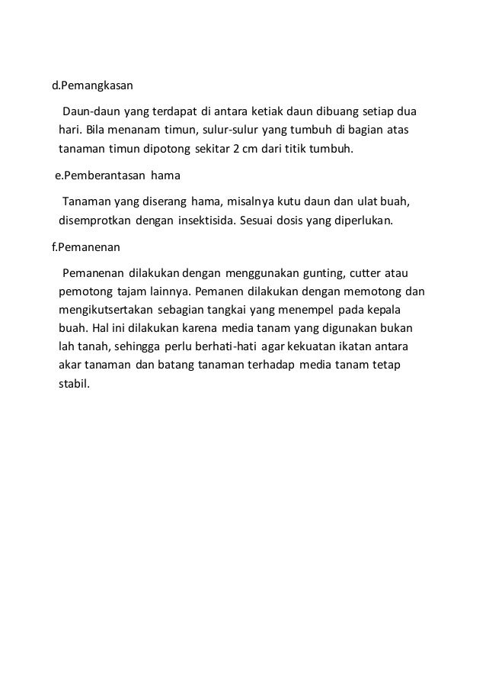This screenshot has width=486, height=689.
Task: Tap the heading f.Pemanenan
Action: [85, 248]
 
